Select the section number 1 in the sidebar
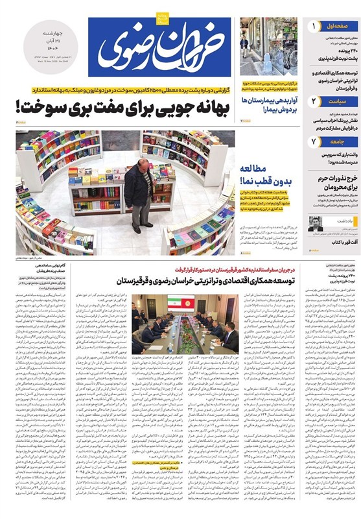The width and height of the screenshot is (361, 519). click(314, 27)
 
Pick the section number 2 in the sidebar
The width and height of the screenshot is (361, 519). click(314, 101)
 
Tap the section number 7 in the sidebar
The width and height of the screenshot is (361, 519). click(314, 141)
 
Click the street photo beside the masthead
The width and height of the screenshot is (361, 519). click(268, 47)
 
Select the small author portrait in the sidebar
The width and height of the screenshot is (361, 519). click(316, 224)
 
